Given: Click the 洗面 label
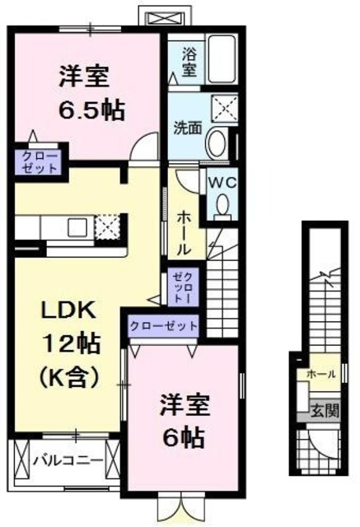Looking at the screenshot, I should [186, 128].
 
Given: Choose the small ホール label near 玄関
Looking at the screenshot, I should [320, 375].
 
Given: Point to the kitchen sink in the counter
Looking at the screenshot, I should [78, 226].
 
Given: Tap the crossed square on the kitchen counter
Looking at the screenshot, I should [108, 226].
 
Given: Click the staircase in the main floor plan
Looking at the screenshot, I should [220, 288].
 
